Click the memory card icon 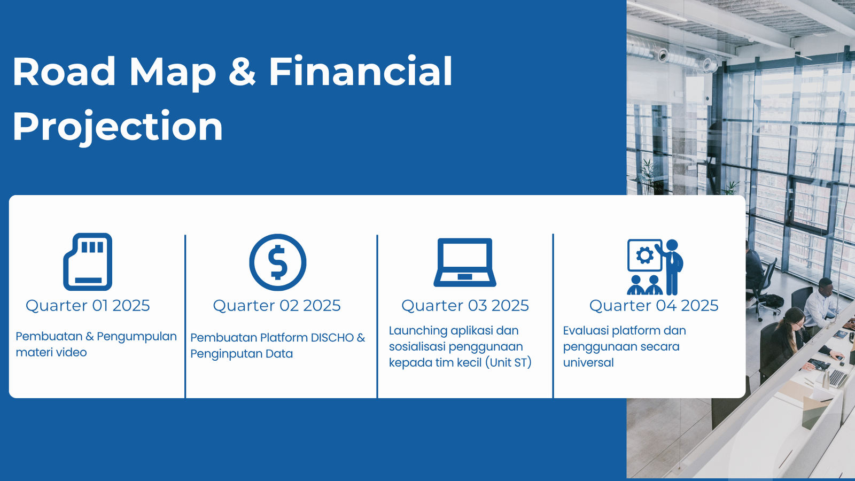(88, 262)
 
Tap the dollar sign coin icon (278, 262)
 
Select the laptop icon (465, 262)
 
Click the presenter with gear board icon (655, 267)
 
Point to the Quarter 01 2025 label (88, 305)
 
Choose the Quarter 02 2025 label (277, 305)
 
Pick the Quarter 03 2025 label (465, 305)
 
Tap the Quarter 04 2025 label (654, 305)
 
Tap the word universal (588, 363)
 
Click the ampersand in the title (242, 72)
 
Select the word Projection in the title (118, 126)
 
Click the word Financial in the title (361, 72)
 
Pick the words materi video (51, 352)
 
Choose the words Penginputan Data (242, 354)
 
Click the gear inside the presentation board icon (644, 255)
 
